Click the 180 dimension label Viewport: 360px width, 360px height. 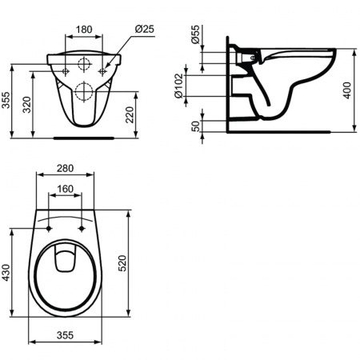point(84,30)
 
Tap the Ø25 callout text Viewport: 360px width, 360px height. point(144,29)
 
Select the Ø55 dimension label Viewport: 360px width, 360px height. point(195,34)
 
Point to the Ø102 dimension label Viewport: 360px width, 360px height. point(179,86)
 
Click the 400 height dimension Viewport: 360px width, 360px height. point(347,90)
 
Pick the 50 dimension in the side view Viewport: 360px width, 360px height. point(196,126)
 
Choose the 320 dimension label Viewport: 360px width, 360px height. point(26,105)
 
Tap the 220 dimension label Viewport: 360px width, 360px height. point(130,114)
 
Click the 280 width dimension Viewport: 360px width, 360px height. point(65,168)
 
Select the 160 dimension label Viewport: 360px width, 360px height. point(66,189)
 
